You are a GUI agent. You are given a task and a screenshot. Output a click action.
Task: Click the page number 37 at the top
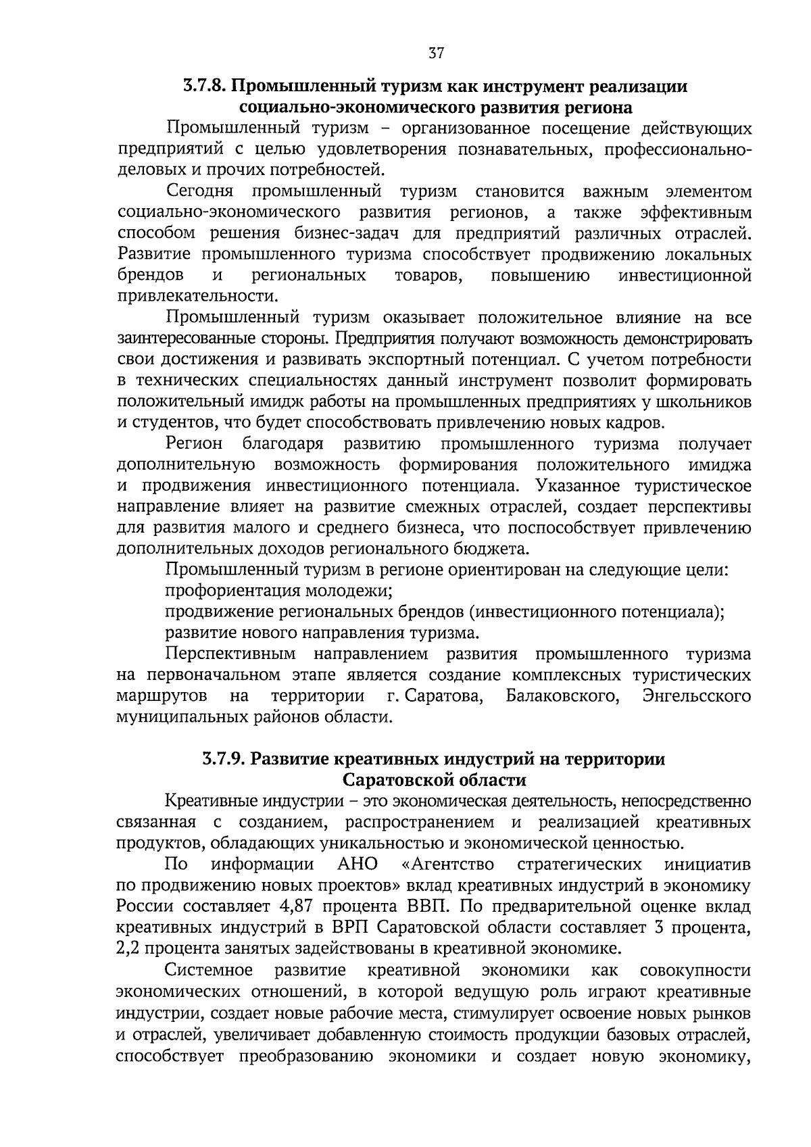click(x=436, y=53)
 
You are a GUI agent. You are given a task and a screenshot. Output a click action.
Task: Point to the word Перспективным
click(x=230, y=654)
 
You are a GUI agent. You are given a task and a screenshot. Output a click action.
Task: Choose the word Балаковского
click(x=563, y=695)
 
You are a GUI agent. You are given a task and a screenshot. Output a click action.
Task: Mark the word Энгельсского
click(x=698, y=695)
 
